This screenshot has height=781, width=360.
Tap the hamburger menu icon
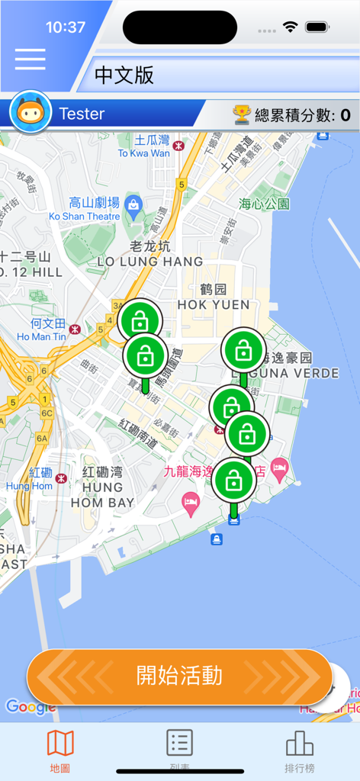click(30, 59)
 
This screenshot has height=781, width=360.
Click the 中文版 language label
click(124, 75)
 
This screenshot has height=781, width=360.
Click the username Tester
click(82, 114)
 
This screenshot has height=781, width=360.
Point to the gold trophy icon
click(241, 114)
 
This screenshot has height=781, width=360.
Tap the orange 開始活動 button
click(180, 676)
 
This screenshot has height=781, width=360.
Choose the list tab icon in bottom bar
click(180, 743)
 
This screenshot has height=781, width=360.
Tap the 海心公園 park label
click(264, 204)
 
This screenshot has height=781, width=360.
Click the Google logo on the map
click(31, 707)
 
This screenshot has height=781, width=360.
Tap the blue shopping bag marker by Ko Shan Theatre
click(133, 204)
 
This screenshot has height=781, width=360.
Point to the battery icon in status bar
click(317, 27)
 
